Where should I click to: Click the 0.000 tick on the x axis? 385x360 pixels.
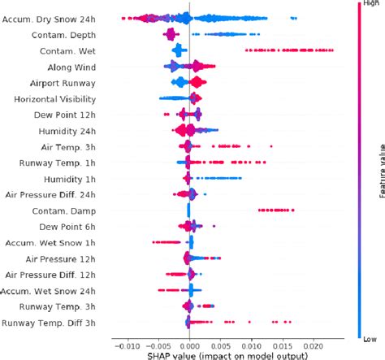(188, 345)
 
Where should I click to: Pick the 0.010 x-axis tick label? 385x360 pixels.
(252, 345)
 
